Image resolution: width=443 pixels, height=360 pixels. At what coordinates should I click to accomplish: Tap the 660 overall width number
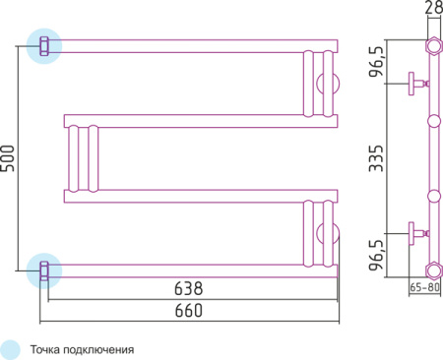[188, 311]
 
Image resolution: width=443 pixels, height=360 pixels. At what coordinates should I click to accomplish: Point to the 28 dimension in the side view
[431, 10]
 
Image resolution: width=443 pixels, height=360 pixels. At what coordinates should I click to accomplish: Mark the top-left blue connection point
[43, 45]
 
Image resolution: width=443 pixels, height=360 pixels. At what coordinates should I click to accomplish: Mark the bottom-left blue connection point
[43, 268]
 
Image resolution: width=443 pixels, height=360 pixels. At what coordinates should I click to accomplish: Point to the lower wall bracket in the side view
[415, 233]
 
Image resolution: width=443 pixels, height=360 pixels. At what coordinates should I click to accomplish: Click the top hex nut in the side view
[431, 45]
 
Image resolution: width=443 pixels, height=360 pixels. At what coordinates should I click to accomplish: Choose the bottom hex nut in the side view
[431, 268]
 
